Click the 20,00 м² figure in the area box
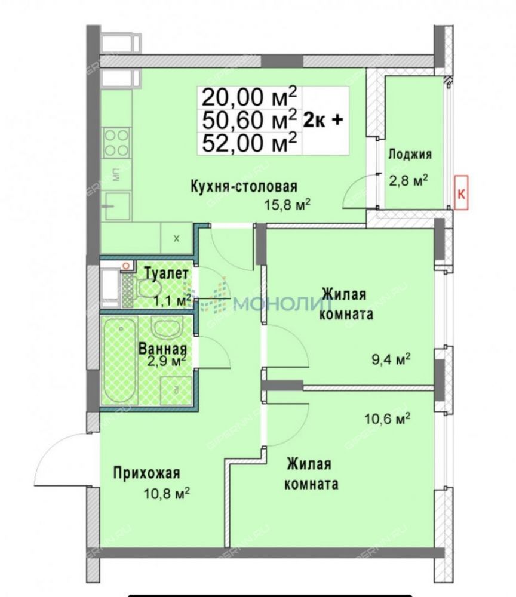[x=249, y=97]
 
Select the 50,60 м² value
[x=249, y=121]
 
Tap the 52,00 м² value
[x=249, y=143]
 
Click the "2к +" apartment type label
[x=323, y=120]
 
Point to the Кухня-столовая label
[x=244, y=187]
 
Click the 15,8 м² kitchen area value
[x=287, y=205]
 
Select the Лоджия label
[x=410, y=155]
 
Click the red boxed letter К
[x=461, y=193]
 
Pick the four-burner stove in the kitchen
[x=116, y=143]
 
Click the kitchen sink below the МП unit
[x=117, y=206]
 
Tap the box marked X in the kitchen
[x=176, y=239]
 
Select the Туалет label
[x=167, y=273]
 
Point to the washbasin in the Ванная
[x=168, y=327]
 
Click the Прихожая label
[x=146, y=473]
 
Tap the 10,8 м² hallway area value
[x=167, y=494]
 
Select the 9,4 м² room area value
[x=391, y=359]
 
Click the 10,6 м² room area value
[x=387, y=419]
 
